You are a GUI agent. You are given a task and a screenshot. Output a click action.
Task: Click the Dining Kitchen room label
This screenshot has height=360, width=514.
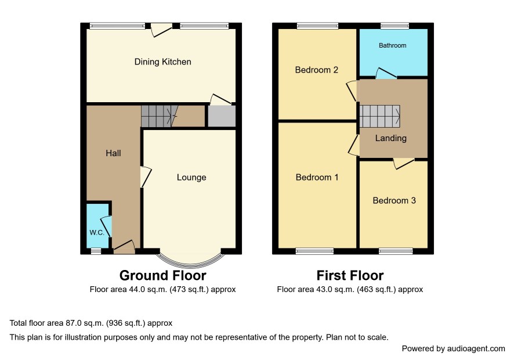coord(162,62)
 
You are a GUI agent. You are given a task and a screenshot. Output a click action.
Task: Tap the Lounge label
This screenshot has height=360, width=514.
coord(191,177)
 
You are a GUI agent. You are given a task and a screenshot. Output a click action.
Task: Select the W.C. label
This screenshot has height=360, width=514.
coord(97,233)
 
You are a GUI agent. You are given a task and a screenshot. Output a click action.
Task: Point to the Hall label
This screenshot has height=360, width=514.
coord(113,153)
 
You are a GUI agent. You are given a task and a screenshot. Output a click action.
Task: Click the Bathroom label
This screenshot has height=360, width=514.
coord(392,45)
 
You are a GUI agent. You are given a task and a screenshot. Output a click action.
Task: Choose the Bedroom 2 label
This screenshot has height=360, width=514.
coord(316,70)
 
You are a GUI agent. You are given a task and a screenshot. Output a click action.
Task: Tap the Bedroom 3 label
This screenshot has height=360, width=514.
coord(394,200)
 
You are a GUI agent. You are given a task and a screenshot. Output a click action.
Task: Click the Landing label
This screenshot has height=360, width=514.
coord(391,138)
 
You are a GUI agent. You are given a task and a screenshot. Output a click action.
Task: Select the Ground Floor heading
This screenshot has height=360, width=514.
coord(162,275)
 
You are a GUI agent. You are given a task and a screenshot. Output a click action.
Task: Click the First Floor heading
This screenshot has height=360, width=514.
coord(350,275)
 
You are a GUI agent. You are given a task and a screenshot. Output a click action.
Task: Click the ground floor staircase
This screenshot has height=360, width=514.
coord(160,116)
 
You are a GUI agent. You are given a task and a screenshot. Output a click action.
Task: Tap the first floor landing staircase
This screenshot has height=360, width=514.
coord(379,116)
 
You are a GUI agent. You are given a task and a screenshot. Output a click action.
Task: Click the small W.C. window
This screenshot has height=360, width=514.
coord(96,251)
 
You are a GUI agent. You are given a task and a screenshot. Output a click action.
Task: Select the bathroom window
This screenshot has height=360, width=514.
coord(394,26)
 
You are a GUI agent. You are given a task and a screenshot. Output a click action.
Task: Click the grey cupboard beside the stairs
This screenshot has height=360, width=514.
coord(222,116)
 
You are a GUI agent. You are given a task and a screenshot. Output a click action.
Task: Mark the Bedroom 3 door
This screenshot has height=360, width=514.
coord(404,163)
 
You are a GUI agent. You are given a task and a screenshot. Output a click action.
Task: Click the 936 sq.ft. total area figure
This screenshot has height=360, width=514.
coord(125,323)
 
